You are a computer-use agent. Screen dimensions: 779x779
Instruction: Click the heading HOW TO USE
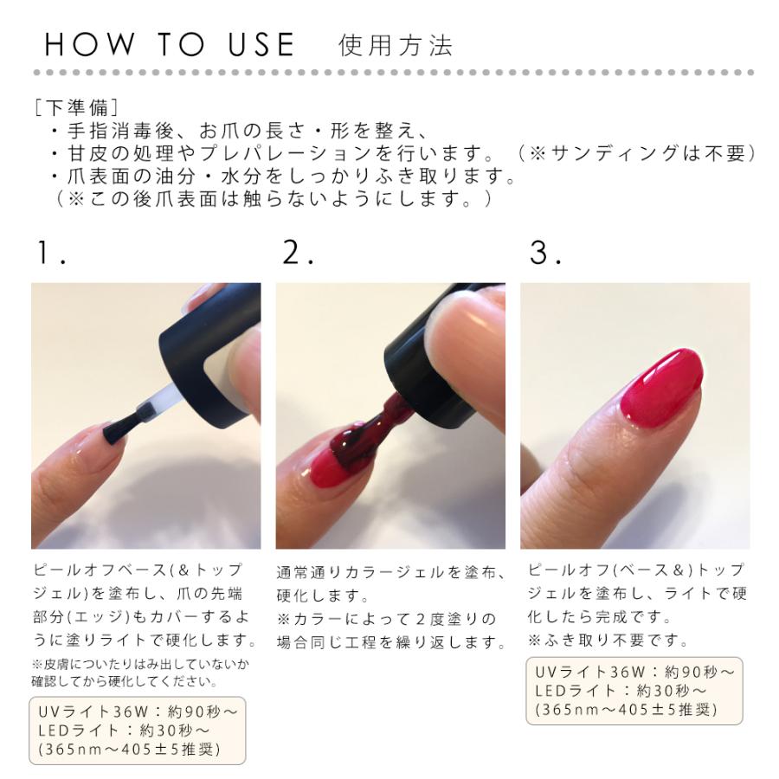pyautogui.click(x=170, y=44)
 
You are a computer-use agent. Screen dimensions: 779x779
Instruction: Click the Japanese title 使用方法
pyautogui.click(x=396, y=46)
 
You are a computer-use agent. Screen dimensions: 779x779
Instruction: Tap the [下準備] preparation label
pyautogui.click(x=76, y=107)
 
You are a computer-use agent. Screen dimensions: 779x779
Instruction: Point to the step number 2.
pyautogui.click(x=297, y=253)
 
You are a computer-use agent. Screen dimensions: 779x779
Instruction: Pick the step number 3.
pyautogui.click(x=544, y=253)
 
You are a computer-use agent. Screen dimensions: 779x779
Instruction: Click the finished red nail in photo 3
pyautogui.click(x=663, y=389)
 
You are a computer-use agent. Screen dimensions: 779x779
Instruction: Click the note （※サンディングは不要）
pyautogui.click(x=637, y=153)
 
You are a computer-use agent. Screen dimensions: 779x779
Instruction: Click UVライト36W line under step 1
pyautogui.click(x=138, y=712)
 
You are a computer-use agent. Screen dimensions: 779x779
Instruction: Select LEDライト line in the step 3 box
pyautogui.click(x=621, y=691)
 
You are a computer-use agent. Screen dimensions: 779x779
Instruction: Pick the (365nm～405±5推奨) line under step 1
pyautogui.click(x=129, y=749)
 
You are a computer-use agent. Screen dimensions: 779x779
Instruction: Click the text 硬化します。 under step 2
pyautogui.click(x=323, y=595)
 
